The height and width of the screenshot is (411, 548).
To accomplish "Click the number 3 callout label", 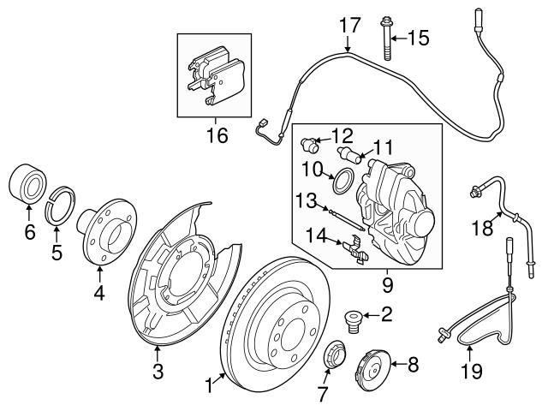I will point(157,371).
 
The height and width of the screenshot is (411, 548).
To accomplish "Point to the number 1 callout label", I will point(206,387).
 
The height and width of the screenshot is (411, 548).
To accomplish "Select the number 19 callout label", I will point(472,371).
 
